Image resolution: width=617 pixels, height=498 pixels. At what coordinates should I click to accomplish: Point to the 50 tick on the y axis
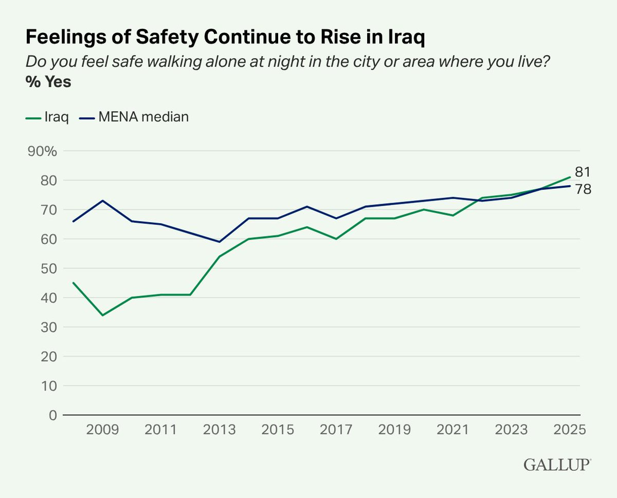pos(47,269)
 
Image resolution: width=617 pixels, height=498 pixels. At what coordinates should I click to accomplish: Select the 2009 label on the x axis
pos(102,430)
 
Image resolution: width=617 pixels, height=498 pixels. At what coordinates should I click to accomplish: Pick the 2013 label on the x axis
pos(220,430)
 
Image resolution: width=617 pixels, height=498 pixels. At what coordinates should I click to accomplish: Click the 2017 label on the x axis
pos(336,430)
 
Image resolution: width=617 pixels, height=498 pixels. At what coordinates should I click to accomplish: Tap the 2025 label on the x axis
pos(570,430)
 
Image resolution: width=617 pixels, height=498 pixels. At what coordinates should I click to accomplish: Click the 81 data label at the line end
pos(583,172)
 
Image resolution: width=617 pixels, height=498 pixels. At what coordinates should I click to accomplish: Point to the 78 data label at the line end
pos(583,189)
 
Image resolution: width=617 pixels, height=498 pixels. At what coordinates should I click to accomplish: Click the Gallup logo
pos(557,465)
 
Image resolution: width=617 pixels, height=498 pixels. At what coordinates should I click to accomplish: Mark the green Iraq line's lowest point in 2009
pos(102,315)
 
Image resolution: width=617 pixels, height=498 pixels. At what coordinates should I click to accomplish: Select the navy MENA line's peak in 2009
pos(102,201)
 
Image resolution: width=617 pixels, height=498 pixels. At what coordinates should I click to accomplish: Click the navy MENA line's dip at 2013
pos(220,242)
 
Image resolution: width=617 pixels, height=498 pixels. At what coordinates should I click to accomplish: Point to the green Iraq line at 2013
pos(220,256)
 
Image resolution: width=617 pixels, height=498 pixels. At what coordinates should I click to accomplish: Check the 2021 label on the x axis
pos(453,430)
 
